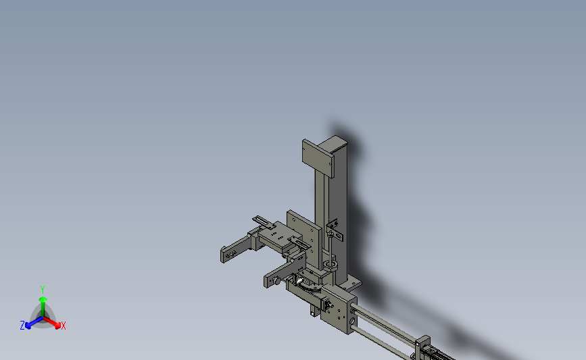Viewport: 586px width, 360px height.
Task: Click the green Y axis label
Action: click(x=43, y=288)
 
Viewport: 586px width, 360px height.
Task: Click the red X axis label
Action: click(x=64, y=326)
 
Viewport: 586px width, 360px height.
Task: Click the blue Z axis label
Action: click(x=22, y=326)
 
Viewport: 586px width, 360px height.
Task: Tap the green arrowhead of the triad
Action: click(x=43, y=297)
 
